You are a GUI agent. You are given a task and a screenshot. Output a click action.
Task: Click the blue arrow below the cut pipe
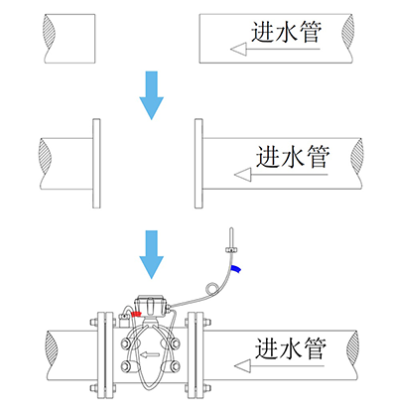click(151, 95)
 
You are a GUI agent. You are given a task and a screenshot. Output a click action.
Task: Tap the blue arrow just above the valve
click(151, 254)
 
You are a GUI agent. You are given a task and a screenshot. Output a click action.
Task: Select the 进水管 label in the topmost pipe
click(286, 32)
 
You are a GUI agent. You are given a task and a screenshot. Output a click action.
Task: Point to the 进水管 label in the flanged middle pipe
click(293, 156)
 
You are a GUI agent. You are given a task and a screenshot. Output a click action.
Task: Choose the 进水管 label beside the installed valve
click(291, 348)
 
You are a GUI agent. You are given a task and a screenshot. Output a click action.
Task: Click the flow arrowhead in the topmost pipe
click(238, 50)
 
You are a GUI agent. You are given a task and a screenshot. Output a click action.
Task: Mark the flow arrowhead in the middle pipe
click(243, 175)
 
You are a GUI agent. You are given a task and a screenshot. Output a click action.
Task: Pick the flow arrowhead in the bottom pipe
click(242, 366)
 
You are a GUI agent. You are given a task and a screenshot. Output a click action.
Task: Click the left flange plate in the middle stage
click(96, 164)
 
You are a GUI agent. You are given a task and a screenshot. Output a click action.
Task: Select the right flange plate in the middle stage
click(198, 164)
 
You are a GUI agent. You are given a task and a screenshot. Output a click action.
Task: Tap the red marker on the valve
click(136, 314)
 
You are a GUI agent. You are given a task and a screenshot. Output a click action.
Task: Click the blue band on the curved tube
click(236, 269)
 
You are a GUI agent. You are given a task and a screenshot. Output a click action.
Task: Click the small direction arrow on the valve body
click(150, 355)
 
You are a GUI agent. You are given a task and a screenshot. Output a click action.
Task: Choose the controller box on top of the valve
click(151, 305)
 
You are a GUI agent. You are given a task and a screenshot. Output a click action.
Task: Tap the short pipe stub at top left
click(69, 39)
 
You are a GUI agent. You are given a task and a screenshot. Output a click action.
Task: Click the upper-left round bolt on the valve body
click(126, 344)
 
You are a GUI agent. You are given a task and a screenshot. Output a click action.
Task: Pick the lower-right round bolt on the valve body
click(175, 366)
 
